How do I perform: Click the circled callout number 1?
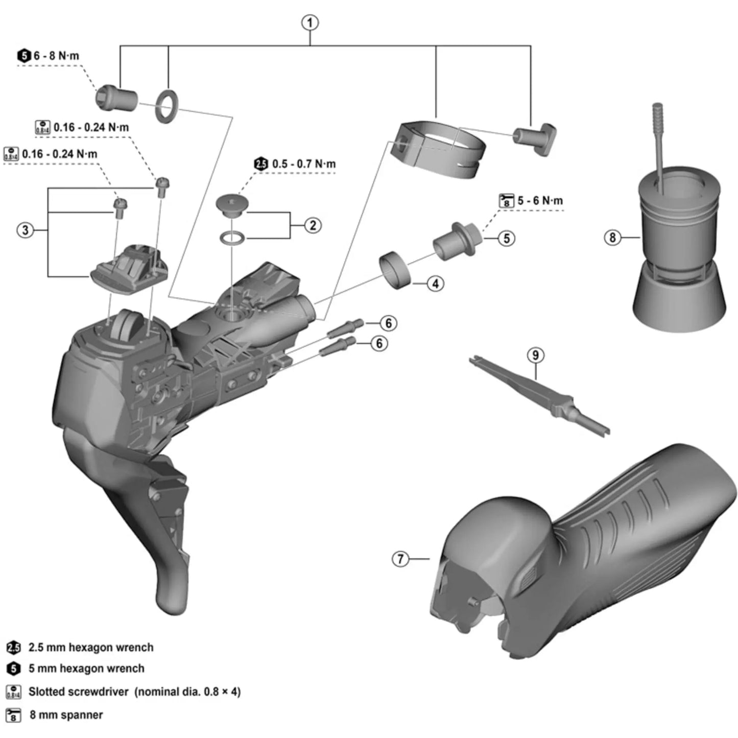point(310,23)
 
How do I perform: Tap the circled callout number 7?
point(400,559)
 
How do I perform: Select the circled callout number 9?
point(535,355)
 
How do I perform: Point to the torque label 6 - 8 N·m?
point(56,56)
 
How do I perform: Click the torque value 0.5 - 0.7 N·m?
point(303,164)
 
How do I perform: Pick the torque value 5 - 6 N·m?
point(540,201)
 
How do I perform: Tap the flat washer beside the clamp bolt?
point(167,107)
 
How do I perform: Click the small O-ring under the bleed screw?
point(232,237)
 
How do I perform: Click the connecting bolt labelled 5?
point(456,241)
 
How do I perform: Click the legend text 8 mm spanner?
point(66,715)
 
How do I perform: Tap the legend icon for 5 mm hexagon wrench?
point(13,668)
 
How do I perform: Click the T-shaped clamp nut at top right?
point(536,137)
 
